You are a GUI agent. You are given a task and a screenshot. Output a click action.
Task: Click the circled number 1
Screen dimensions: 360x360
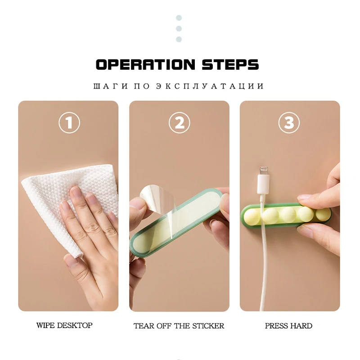pos(69,122)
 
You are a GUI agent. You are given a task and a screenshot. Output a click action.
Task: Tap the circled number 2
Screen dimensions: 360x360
pos(179,122)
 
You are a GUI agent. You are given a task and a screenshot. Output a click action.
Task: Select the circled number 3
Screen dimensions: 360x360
pos(289,122)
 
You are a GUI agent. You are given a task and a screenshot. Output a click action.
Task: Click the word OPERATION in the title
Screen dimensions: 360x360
pos(145,64)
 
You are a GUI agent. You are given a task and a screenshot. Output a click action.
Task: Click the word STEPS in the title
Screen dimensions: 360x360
pos(230,64)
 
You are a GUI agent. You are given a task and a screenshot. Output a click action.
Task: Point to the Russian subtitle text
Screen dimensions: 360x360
pos(179,86)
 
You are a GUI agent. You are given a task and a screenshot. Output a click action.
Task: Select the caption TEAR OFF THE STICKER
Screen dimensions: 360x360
pos(179,325)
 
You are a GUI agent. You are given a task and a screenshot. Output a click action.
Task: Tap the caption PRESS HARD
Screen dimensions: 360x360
pos(288,325)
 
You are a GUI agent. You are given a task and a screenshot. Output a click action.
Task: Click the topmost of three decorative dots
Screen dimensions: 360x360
pos(179,18)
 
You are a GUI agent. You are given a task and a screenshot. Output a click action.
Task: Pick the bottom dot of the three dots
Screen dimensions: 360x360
pos(179,39)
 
